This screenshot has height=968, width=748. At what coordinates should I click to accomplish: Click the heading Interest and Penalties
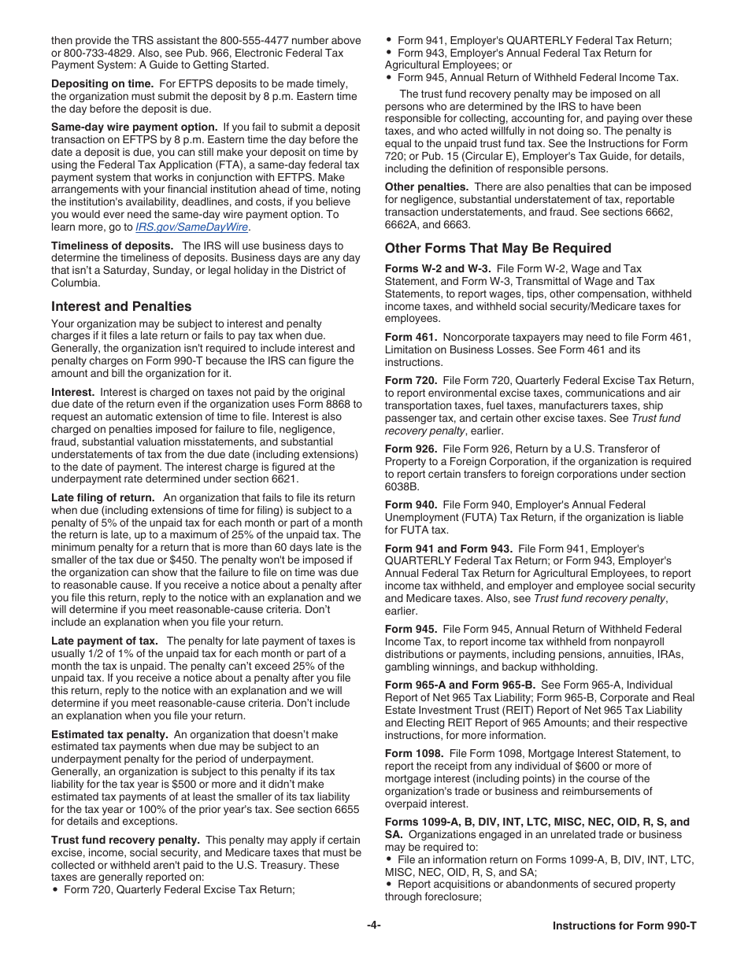121,306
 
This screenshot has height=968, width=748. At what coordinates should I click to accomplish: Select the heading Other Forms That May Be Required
498,248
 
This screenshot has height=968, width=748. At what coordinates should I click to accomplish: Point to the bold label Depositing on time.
102,83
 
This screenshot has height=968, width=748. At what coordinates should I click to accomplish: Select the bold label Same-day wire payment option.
134,127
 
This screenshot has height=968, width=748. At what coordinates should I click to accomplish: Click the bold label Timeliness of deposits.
113,246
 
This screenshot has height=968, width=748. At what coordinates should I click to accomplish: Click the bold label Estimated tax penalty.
109,734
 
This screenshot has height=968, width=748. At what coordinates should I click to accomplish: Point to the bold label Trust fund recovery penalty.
125,840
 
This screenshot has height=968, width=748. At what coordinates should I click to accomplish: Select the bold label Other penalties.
426,187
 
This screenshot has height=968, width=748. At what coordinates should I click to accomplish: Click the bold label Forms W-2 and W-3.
438,268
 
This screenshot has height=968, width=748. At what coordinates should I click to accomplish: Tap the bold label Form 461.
410,337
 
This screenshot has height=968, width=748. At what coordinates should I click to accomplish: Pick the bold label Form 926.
410,449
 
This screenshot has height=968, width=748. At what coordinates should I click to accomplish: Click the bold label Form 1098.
413,753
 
